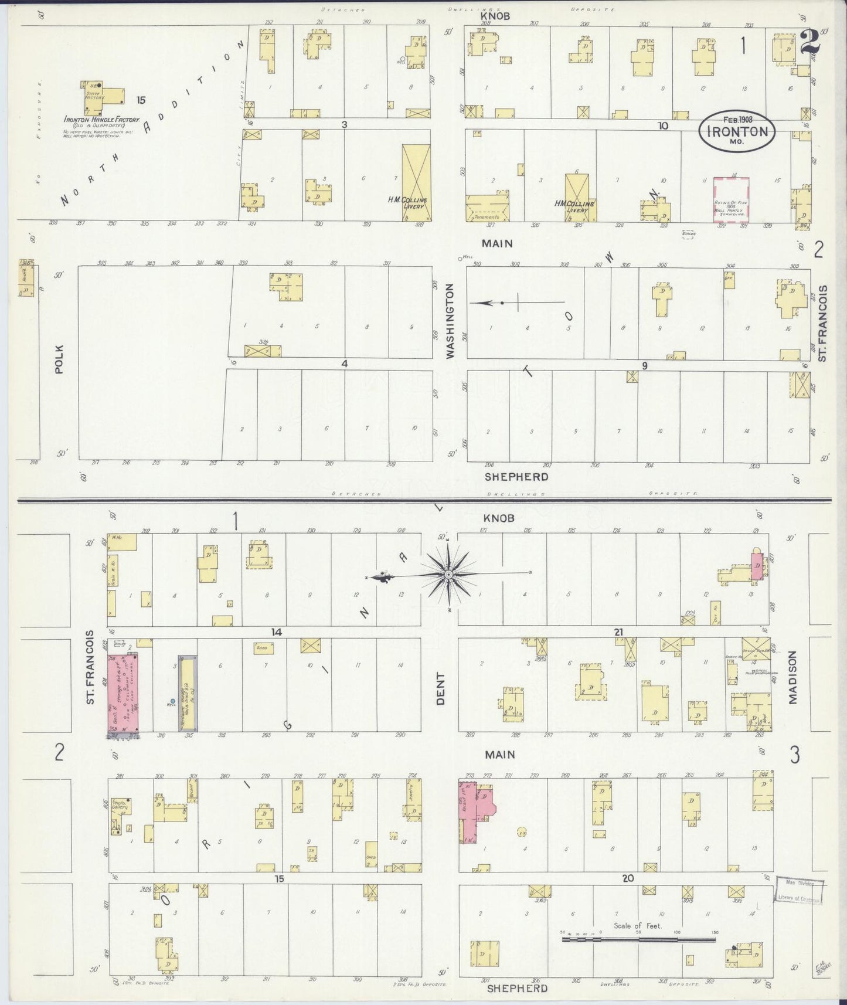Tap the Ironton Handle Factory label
(x=101, y=120)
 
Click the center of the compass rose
(x=448, y=574)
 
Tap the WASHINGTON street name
(x=450, y=321)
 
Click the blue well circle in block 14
(x=173, y=701)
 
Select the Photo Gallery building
(x=121, y=812)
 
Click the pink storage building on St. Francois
(x=122, y=692)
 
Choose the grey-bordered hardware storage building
(x=188, y=693)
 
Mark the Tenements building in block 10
(x=487, y=208)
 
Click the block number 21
(x=618, y=631)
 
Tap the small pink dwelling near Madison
(x=757, y=567)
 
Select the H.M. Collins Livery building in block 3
(x=416, y=182)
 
